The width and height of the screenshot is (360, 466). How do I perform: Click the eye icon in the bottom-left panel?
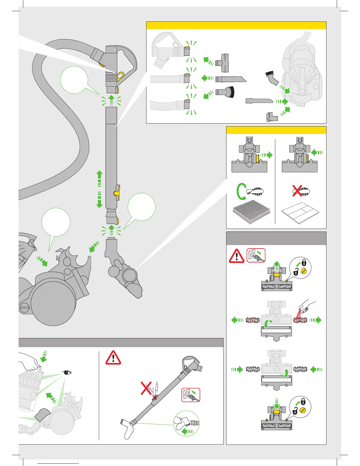(67, 373)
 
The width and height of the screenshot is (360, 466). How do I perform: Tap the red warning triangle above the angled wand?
(113, 358)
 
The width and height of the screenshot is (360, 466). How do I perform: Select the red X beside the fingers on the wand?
(146, 388)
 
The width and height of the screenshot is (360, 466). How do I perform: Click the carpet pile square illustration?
(251, 211)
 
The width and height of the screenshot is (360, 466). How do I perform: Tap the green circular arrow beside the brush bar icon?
(241, 191)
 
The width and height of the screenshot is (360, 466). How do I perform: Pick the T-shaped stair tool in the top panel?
(222, 63)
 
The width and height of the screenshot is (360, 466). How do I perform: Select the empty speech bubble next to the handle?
(74, 80)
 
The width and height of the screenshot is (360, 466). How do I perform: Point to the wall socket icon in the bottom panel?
(191, 395)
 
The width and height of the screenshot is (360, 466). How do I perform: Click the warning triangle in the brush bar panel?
(236, 256)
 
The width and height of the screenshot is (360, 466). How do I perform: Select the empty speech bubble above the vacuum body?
(56, 222)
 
